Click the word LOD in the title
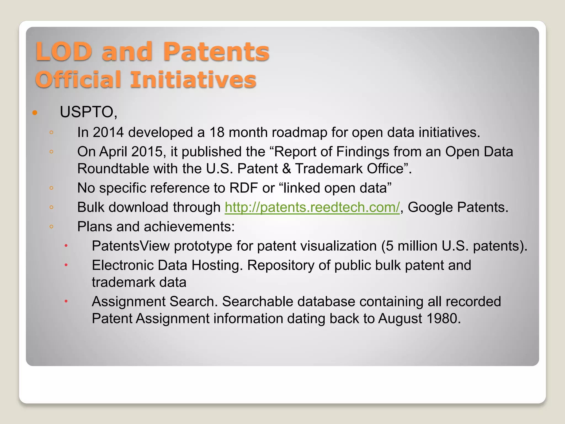click(64, 52)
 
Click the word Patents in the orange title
click(216, 52)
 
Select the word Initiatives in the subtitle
click(193, 80)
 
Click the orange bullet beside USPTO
click(35, 113)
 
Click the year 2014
click(108, 132)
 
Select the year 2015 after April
click(147, 152)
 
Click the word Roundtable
click(113, 169)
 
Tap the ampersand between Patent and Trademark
click(287, 169)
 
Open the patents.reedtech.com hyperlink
click(312, 207)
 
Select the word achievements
click(189, 227)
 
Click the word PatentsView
click(130, 246)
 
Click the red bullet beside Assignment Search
click(66, 301)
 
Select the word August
click(400, 319)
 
